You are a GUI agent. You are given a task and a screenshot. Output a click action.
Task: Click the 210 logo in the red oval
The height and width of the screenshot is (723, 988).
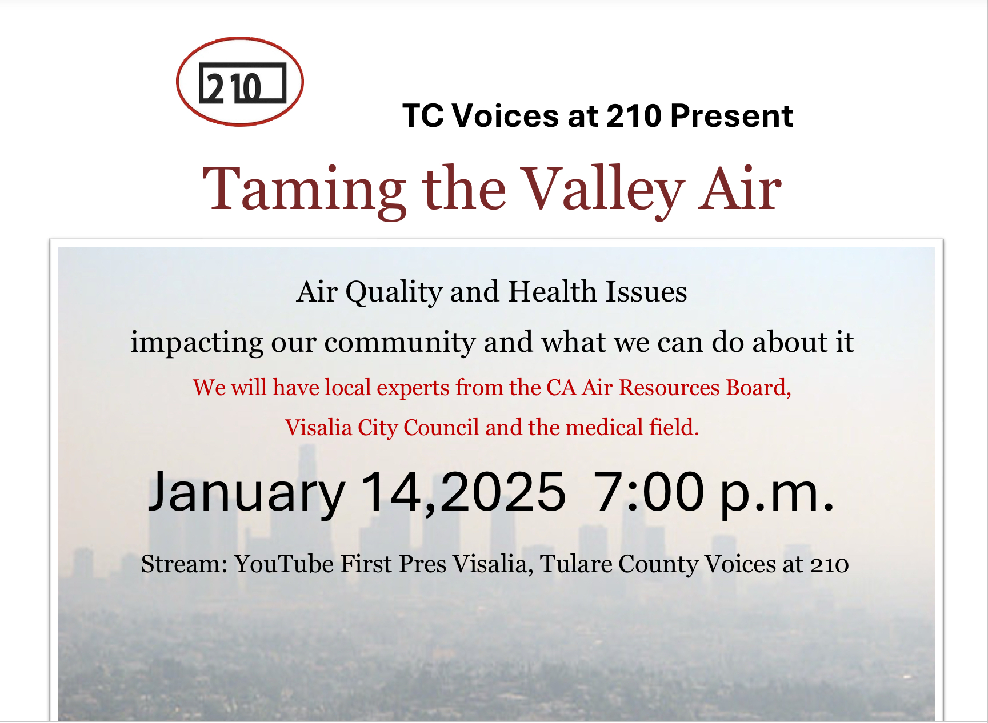[240, 82]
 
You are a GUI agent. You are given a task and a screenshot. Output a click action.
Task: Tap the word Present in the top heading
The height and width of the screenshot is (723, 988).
[731, 116]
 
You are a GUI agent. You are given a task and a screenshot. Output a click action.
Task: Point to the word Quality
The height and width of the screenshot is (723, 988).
[394, 293]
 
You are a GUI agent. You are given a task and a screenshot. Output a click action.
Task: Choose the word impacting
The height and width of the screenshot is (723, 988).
[197, 343]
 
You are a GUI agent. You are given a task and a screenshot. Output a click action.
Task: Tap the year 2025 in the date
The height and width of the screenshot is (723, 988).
[503, 491]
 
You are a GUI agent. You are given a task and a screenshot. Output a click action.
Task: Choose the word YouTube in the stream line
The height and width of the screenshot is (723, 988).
[284, 564]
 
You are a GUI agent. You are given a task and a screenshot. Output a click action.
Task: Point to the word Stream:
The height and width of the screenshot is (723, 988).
[185, 564]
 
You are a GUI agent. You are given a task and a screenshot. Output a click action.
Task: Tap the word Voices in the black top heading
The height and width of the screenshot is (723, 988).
[505, 116]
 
